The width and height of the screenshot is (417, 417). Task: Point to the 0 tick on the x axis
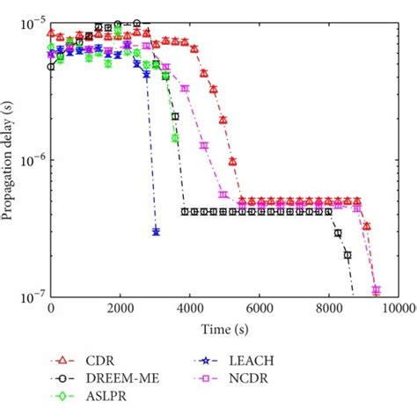pyautogui.click(x=51, y=310)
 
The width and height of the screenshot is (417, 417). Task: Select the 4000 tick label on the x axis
pyautogui.click(x=189, y=310)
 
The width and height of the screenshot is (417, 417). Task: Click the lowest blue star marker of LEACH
pyautogui.click(x=156, y=231)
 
